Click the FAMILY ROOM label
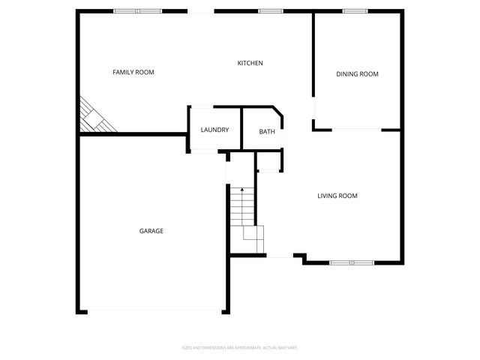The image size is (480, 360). click(133, 72)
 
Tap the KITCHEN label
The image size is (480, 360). click(250, 63)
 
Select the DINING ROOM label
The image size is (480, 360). click(357, 73)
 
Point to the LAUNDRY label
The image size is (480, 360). click(214, 130)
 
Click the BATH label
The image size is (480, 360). click(267, 132)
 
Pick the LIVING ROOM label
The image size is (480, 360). click(337, 196)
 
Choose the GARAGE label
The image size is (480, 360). click(151, 231)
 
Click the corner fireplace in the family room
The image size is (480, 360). click(94, 117)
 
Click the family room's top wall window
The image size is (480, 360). click(137, 11)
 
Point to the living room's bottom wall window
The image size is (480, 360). click(352, 262)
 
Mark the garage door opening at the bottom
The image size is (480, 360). click(154, 311)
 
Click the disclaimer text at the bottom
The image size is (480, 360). click(240, 347)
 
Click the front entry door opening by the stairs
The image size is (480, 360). click(280, 257)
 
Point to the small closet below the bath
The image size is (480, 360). click(268, 160)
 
